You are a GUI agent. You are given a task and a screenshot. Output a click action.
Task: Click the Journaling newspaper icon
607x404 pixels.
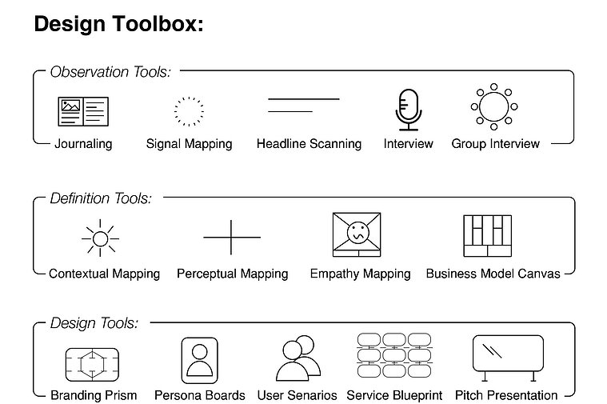pos(83,111)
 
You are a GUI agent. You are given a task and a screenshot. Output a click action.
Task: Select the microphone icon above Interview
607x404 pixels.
pos(409,110)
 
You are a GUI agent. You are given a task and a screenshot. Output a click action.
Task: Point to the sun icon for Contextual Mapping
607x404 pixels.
pos(100,238)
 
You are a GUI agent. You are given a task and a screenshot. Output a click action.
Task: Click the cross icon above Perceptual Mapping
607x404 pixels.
pos(231,237)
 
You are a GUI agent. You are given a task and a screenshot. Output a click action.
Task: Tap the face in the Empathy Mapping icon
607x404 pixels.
pos(358,233)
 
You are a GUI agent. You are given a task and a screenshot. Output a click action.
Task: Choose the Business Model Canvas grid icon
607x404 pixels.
pos(487,236)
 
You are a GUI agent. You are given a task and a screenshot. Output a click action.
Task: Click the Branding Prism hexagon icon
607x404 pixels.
pos(92,365)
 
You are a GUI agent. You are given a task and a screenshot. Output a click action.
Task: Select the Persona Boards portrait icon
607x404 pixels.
pos(200,360)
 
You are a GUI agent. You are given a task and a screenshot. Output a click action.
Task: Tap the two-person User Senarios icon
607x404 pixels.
pos(298,358)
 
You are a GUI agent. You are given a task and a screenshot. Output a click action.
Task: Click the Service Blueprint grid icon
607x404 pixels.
pos(394,355)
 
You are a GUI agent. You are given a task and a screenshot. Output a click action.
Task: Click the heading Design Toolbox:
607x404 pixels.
pos(119,24)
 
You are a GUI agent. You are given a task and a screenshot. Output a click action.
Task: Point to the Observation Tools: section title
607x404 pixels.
pos(110,72)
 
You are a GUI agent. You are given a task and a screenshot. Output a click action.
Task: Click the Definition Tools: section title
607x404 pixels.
pos(101,198)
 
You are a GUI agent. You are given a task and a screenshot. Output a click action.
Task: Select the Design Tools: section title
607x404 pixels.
pos(94,323)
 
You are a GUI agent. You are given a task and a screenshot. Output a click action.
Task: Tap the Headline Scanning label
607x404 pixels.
pos(309,144)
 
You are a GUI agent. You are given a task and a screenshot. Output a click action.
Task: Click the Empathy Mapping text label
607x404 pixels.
pos(361,274)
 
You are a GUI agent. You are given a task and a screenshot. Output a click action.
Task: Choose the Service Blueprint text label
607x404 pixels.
pos(394,395)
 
